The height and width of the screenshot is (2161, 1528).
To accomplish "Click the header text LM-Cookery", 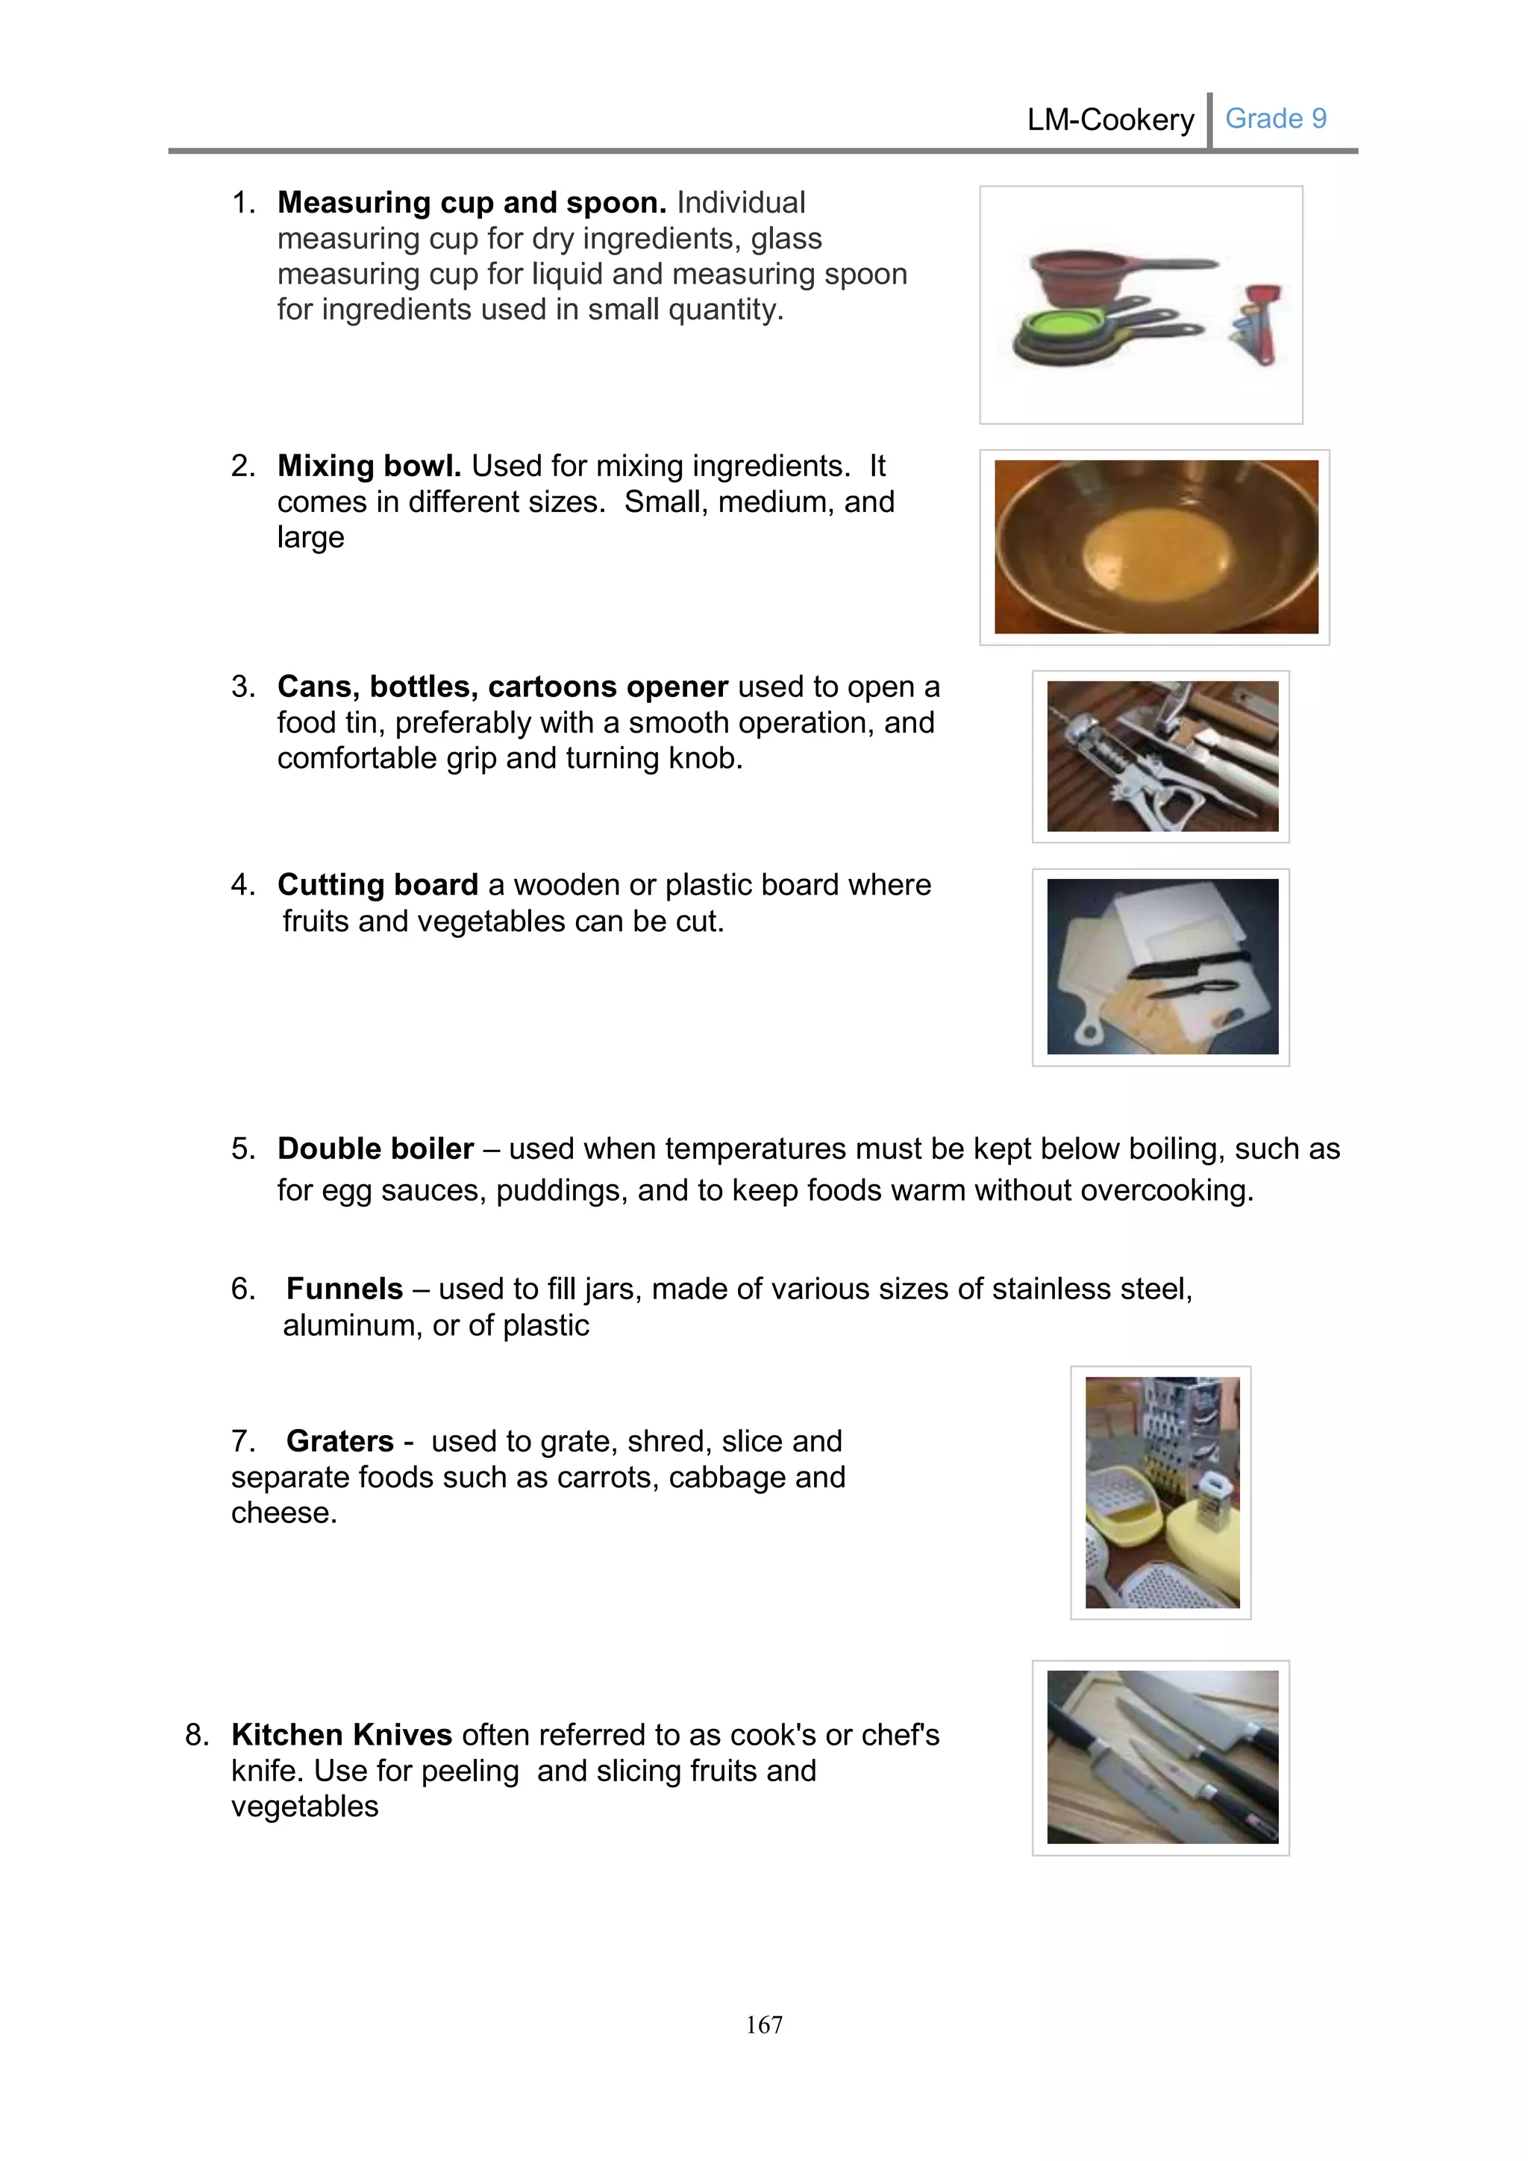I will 1109,120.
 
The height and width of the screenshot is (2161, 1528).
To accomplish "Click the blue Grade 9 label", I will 1275,119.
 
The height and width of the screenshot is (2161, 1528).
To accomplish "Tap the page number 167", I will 763,2024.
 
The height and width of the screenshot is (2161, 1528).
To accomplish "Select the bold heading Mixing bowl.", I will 369,466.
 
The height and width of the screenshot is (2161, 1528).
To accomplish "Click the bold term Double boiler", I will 375,1148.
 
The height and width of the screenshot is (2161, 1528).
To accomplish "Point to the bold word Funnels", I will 345,1289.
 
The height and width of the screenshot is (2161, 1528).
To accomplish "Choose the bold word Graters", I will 339,1441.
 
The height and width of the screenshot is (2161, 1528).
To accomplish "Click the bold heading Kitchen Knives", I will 342,1735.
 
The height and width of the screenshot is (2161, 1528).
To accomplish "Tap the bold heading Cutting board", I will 378,885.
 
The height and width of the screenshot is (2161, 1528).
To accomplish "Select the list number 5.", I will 242,1149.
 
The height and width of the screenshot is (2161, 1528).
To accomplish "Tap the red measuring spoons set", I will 1257,325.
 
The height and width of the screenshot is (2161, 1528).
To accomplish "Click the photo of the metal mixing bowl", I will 1156,547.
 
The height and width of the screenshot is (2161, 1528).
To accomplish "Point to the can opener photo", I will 1161,757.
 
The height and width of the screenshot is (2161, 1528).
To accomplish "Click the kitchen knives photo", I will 1161,1757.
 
